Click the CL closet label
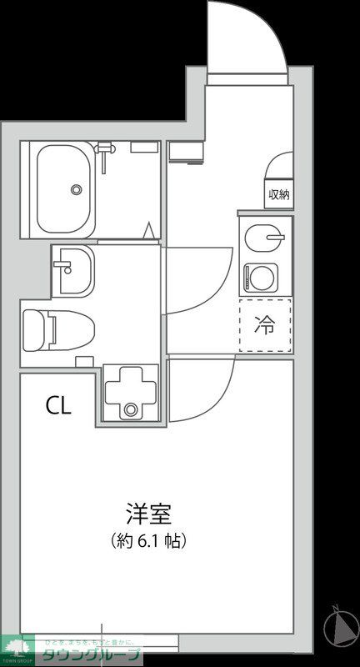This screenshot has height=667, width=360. (58, 406)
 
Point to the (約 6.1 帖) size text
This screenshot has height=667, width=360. (148, 540)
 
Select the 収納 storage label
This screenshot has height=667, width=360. (278, 194)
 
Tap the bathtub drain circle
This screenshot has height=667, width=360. (77, 189)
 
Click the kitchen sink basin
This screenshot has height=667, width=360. (265, 236)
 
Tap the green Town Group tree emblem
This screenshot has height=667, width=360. (16, 645)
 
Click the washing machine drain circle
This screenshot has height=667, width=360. (130, 409)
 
